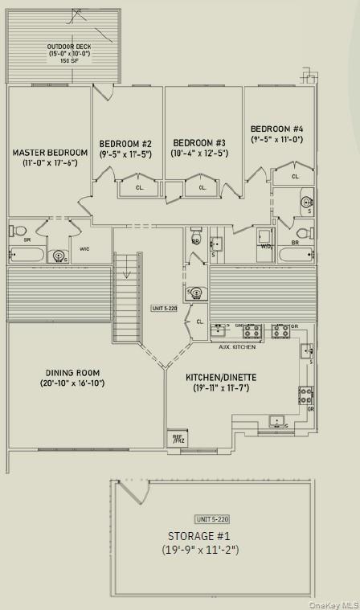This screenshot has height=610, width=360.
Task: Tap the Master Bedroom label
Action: (x=50, y=153)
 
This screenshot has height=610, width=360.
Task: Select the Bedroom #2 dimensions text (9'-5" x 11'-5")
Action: (x=125, y=154)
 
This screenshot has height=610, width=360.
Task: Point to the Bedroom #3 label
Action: (x=199, y=142)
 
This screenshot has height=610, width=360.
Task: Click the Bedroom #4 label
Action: (x=276, y=129)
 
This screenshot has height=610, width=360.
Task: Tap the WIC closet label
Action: (x=84, y=249)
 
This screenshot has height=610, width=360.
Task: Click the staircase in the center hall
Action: (x=127, y=297)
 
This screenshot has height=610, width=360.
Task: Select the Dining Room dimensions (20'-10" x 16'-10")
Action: (x=73, y=383)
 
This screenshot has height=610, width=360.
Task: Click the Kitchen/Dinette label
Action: (x=216, y=377)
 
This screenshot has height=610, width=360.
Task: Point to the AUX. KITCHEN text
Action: (x=237, y=346)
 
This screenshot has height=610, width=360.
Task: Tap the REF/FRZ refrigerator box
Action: (x=178, y=440)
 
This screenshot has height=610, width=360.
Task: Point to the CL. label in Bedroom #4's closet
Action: (x=295, y=176)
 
